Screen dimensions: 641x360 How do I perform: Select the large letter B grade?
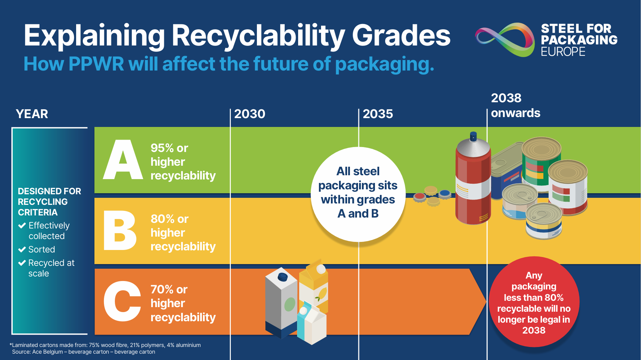click(120, 231)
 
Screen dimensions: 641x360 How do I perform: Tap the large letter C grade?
click(122, 301)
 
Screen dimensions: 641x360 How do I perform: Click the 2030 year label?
click(249, 114)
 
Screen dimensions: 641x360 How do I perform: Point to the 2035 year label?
click(378, 114)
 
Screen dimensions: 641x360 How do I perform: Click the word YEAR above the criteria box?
click(32, 114)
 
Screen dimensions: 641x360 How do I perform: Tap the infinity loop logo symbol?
click(505, 39)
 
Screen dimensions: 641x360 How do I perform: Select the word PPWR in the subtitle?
click(96, 64)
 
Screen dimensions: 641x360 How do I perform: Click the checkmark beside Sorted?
click(22, 250)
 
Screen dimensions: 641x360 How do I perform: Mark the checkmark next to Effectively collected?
click(22, 226)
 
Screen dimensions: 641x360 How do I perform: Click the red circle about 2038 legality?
click(534, 302)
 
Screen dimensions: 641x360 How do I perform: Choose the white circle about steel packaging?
click(358, 194)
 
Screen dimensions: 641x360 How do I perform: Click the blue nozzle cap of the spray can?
click(473, 136)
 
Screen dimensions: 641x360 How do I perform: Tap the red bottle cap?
click(419, 197)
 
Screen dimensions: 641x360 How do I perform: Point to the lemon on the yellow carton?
click(322, 293)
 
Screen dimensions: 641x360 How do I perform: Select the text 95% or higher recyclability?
click(183, 162)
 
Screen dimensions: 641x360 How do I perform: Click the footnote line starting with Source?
click(84, 352)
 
